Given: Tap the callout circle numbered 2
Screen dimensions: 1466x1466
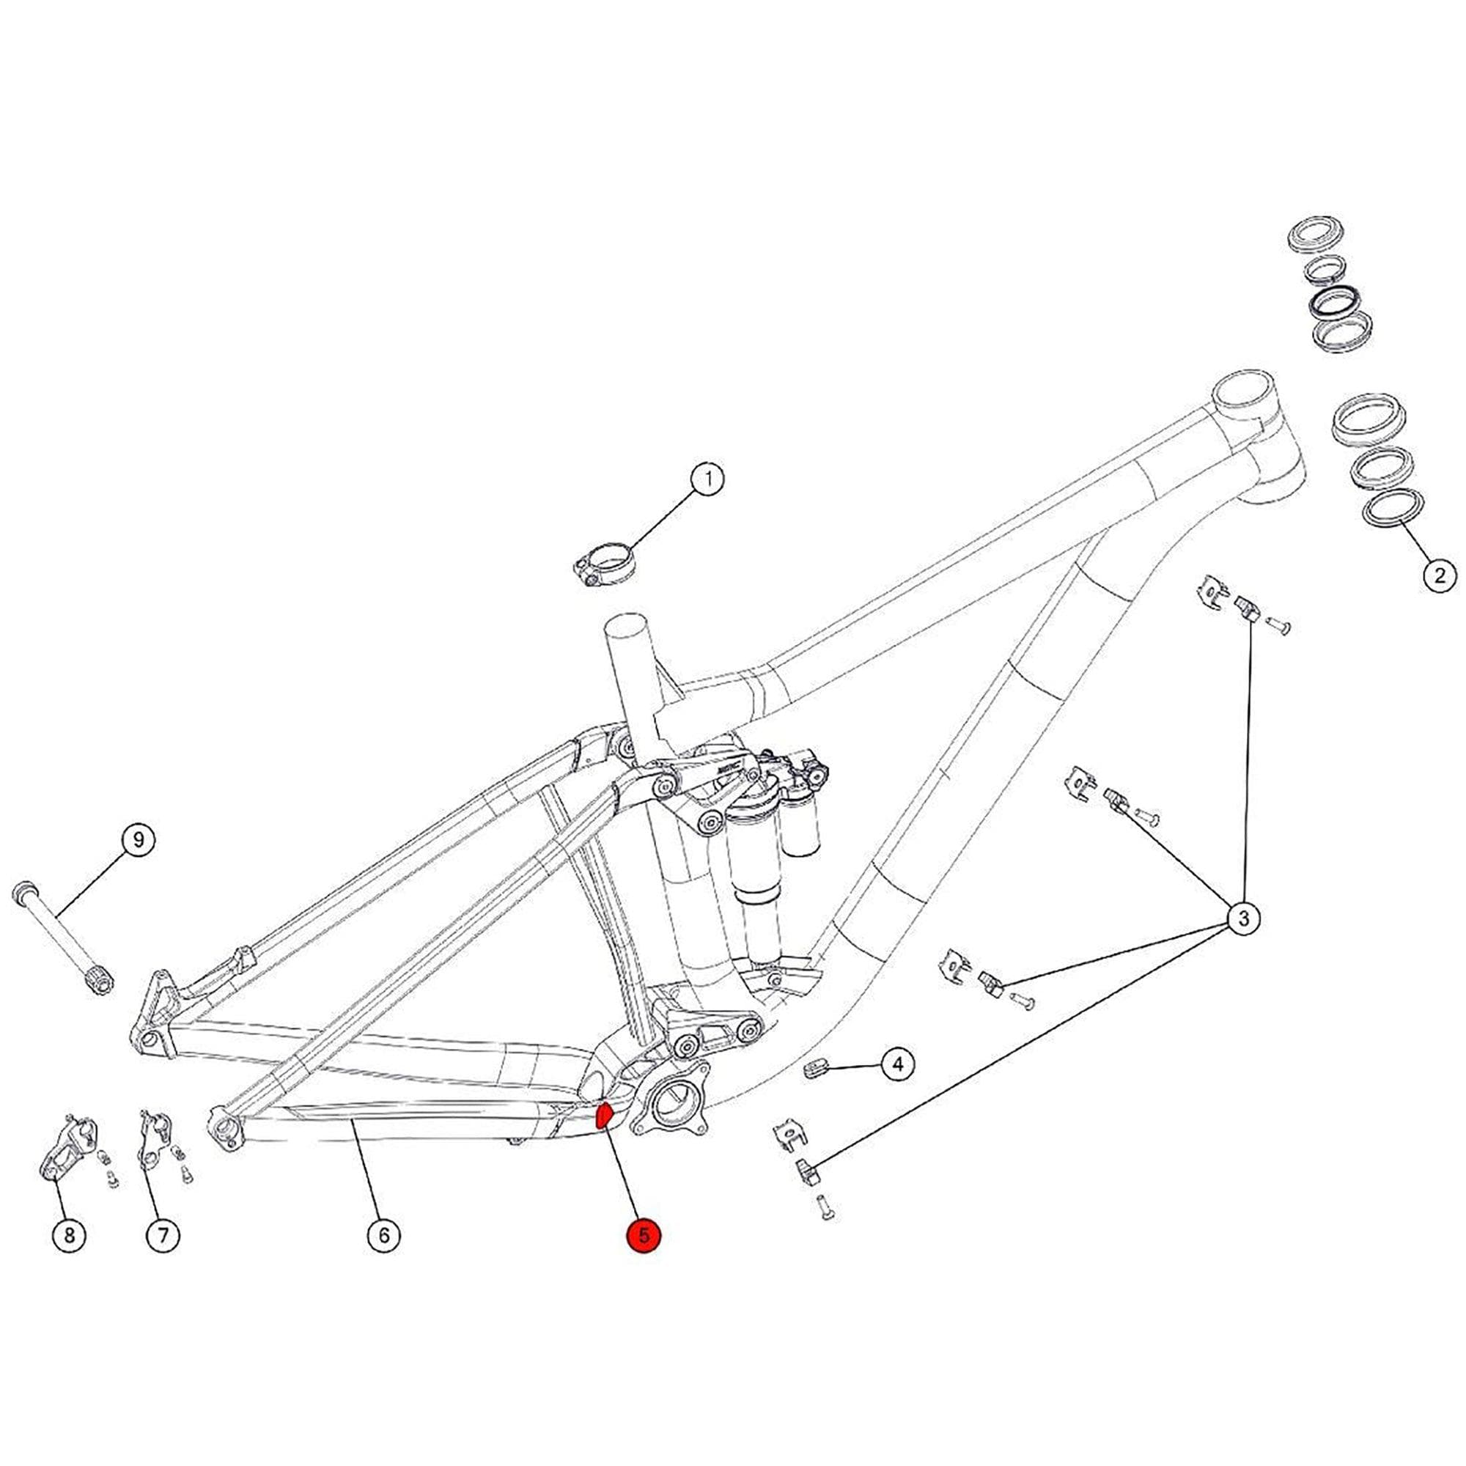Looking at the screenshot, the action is coord(1440,575).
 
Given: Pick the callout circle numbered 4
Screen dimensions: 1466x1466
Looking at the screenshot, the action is coord(898,1064).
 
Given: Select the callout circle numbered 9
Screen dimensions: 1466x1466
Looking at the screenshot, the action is coord(137,840).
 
